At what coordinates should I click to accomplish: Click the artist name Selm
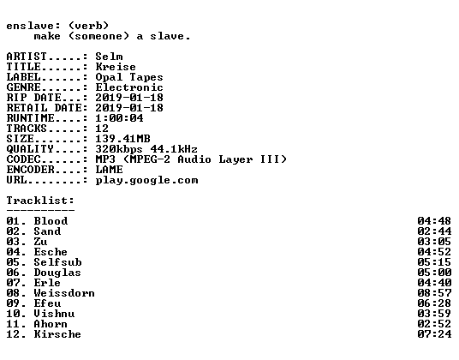click(x=110, y=57)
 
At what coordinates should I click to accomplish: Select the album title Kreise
click(x=116, y=67)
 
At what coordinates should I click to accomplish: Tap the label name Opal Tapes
click(x=129, y=77)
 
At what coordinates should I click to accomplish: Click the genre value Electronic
click(x=129, y=87)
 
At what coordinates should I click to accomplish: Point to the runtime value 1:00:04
click(x=119, y=118)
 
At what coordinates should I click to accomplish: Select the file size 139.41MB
click(x=123, y=139)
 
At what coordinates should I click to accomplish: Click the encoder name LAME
click(x=110, y=170)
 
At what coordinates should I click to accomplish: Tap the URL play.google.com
click(x=147, y=180)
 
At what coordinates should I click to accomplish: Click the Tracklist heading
click(x=40, y=201)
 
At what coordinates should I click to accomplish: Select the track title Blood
click(x=51, y=221)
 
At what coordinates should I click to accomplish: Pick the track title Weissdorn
click(x=64, y=293)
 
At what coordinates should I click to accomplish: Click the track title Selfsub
click(x=57, y=262)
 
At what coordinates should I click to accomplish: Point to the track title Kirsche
click(x=57, y=334)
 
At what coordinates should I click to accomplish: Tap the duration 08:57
click(x=434, y=293)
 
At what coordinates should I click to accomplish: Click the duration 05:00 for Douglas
click(x=434, y=273)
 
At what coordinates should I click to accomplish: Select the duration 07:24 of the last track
click(x=434, y=334)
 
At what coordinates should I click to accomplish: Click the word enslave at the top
click(x=30, y=26)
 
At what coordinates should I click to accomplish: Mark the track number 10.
click(x=13, y=314)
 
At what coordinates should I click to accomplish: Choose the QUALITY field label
click(x=30, y=149)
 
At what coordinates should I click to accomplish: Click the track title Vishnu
click(x=54, y=314)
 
